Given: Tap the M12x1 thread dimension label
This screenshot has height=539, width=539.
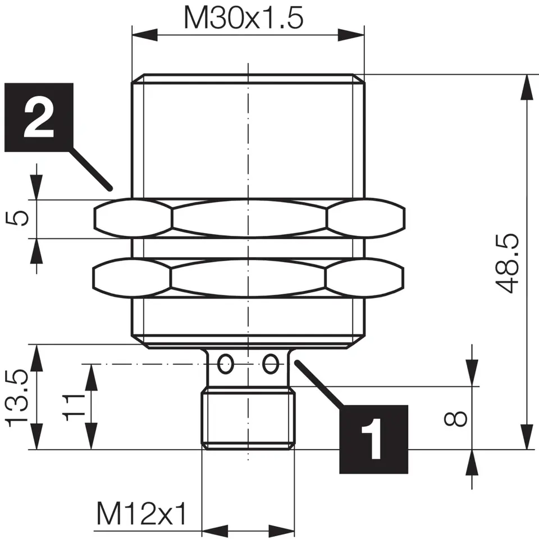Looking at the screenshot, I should [141, 513].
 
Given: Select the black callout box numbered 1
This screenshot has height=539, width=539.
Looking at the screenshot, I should [373, 438].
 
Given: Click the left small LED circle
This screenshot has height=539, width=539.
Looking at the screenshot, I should [226, 364].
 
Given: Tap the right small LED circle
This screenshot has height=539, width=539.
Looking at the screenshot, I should [271, 364].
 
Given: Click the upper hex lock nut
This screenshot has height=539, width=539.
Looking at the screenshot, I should [249, 218].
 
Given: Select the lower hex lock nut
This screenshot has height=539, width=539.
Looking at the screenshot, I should [249, 277].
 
